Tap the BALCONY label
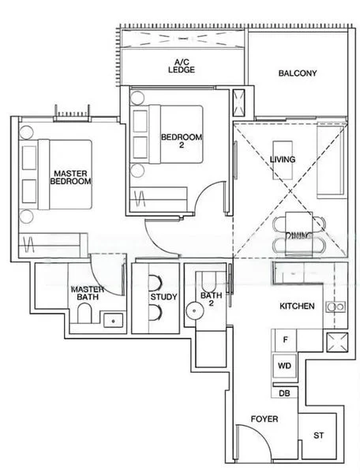tap(298, 73)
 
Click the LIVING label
tap(283, 160)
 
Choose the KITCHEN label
tap(298, 306)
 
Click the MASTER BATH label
tap(87, 294)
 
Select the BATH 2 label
tap(211, 299)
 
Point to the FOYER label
tap(264, 419)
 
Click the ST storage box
tap(319, 435)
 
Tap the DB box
tap(284, 393)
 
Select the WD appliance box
tap(284, 367)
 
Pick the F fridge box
tap(284, 340)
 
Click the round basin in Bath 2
tap(194, 311)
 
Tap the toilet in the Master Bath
tap(84, 318)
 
